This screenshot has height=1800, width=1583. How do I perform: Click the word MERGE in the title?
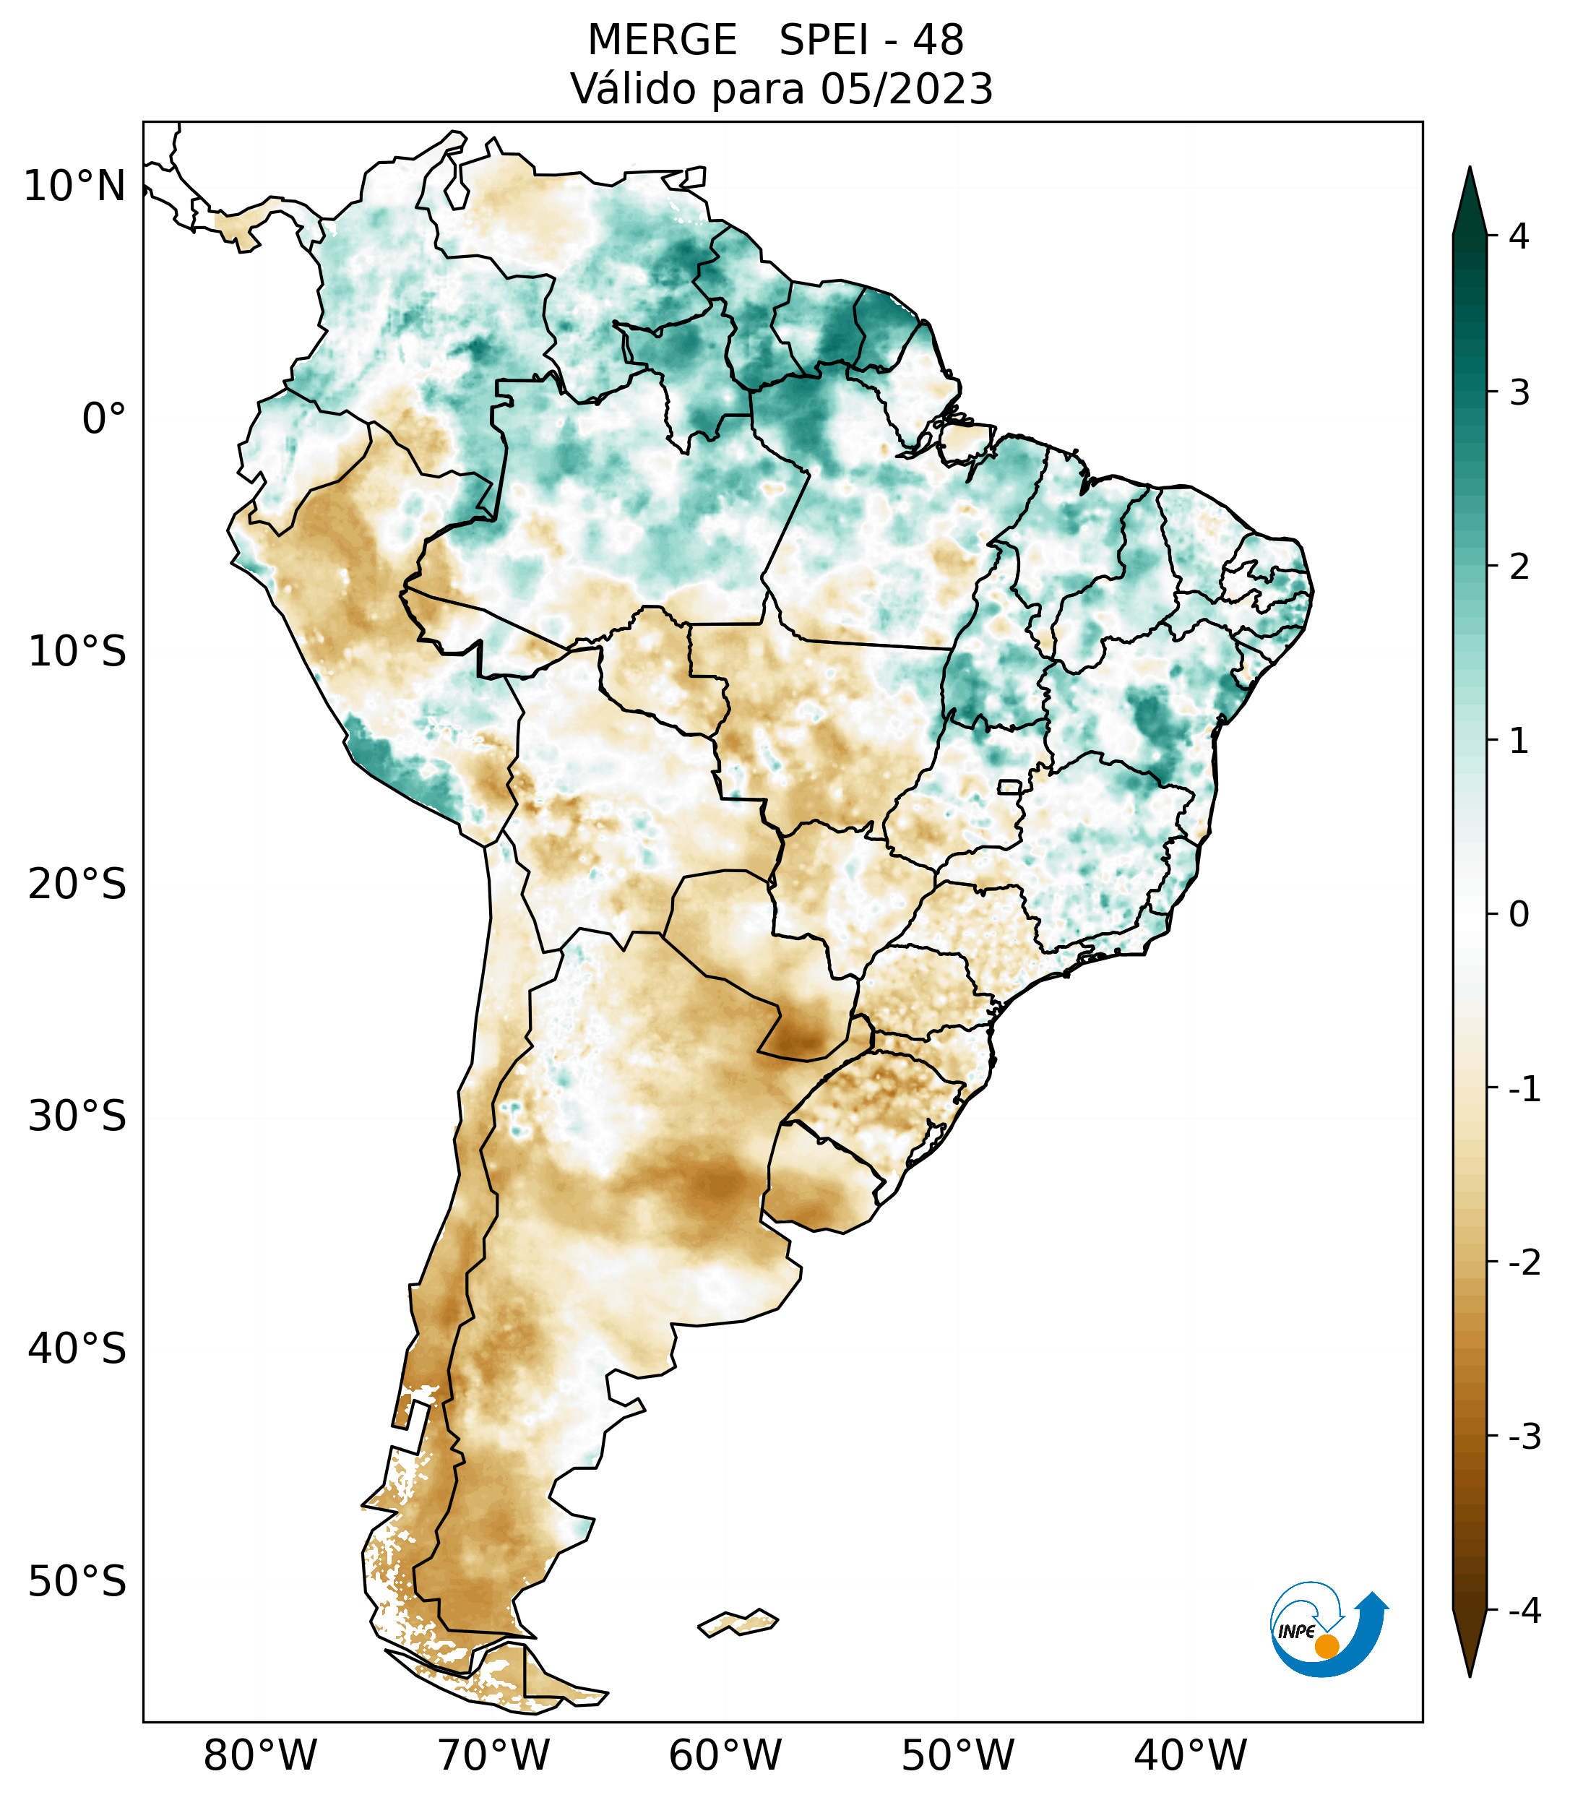point(661,40)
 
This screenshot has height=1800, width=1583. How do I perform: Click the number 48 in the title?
point(938,40)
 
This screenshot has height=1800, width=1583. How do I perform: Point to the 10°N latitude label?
point(75,186)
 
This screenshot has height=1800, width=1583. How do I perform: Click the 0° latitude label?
point(104,419)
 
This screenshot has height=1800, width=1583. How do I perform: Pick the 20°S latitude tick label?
point(77,884)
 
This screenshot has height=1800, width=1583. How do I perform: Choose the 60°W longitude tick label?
point(725,1755)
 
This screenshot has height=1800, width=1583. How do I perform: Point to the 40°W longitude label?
point(1191,1755)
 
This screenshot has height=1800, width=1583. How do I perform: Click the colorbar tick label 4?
point(1519,236)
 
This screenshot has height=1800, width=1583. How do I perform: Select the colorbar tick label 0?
point(1519,915)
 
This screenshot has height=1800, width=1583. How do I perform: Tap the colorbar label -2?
point(1524,1263)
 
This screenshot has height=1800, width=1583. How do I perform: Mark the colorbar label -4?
point(1524,1611)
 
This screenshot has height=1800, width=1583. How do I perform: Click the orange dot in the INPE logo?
point(1326,1646)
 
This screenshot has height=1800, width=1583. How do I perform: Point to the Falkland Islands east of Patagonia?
point(738,1622)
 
